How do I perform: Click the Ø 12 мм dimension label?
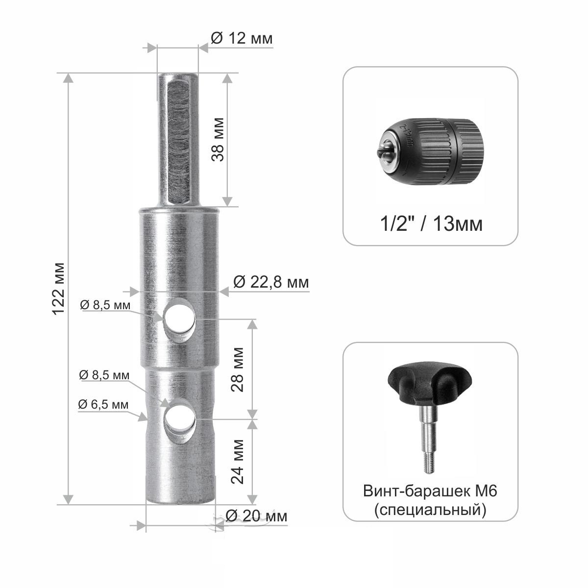point(242,38)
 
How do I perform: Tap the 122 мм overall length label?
point(58,289)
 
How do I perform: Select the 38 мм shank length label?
point(218,139)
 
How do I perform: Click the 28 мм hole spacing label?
point(237,369)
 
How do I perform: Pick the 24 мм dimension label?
point(237,462)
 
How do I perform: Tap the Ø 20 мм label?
point(256,516)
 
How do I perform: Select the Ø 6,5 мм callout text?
point(103,405)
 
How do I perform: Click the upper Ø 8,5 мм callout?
point(105,305)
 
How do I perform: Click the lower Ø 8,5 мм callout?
point(104,375)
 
